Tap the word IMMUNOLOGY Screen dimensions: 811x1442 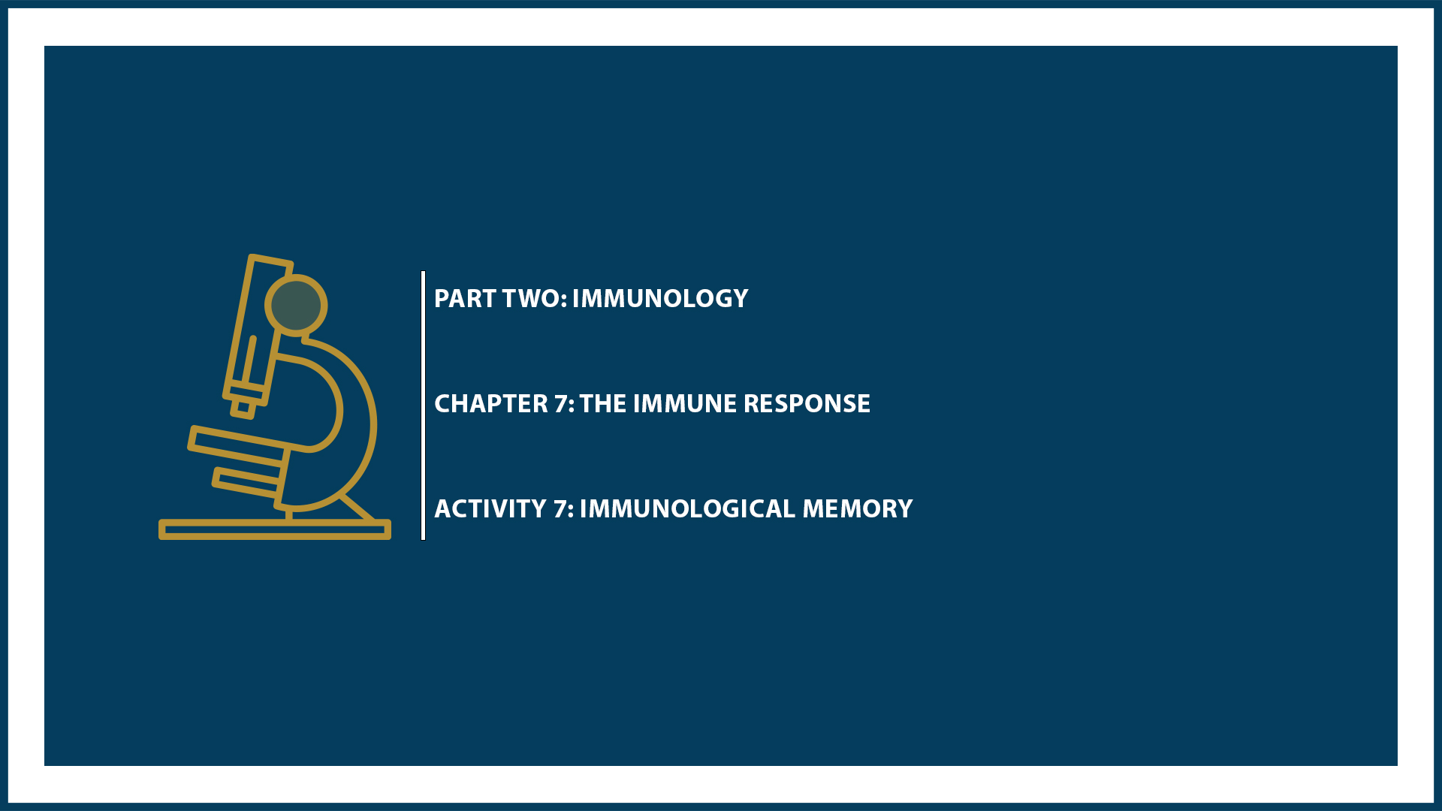659,299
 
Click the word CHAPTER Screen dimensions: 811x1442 491,404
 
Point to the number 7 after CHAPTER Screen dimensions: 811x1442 563,404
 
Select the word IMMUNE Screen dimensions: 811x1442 684,404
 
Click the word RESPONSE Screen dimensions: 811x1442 807,404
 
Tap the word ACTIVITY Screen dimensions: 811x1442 490,509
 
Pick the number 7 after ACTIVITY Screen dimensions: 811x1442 562,509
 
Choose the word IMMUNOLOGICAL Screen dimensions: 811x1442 686,509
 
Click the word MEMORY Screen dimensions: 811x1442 857,509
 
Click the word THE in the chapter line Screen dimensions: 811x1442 602,404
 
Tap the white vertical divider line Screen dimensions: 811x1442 424,405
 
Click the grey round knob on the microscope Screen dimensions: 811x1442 296,306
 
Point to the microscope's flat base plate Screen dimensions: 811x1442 274,530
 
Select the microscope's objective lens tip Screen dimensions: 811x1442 243,408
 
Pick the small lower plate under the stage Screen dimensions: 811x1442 246,482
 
